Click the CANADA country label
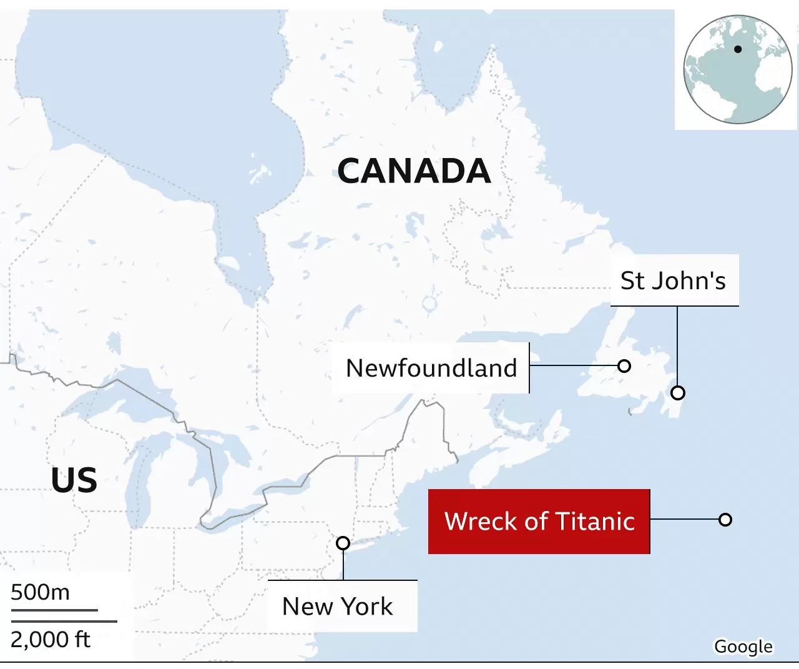(x=414, y=171)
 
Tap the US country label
(x=74, y=480)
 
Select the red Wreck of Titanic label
(x=539, y=521)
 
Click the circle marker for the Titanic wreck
(x=725, y=519)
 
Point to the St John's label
(x=673, y=280)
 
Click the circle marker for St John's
(x=678, y=393)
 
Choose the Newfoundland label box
(x=431, y=368)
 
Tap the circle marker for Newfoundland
(x=624, y=366)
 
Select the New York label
(x=337, y=606)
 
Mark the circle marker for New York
(x=343, y=543)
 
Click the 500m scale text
(x=40, y=592)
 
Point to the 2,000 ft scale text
(x=51, y=639)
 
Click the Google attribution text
(x=743, y=647)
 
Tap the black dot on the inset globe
(x=738, y=49)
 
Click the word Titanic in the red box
(x=595, y=521)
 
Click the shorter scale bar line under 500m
(x=54, y=610)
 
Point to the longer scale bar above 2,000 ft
(x=64, y=621)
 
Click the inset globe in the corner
(x=737, y=69)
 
